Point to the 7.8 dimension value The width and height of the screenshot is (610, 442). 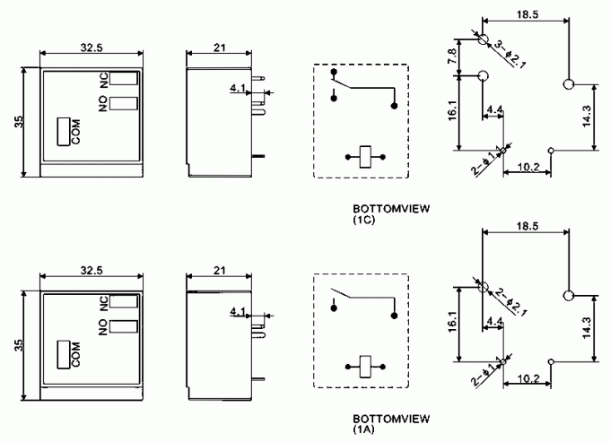(453, 56)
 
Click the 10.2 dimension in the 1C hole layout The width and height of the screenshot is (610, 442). (529, 168)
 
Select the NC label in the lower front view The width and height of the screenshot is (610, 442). (103, 303)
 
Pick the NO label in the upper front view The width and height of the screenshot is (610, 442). (103, 104)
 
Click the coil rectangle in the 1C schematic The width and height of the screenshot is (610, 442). (365, 157)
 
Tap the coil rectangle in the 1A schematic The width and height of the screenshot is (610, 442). (365, 367)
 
